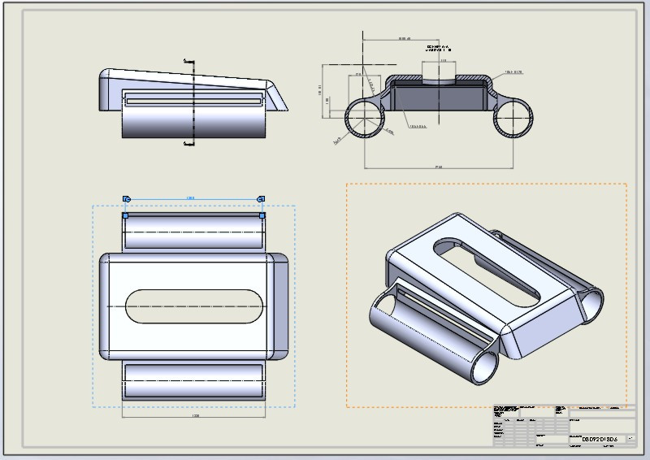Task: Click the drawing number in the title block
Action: coord(600,439)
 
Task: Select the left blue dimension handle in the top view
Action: coord(126,198)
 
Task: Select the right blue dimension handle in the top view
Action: coord(262,198)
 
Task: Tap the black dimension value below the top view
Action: coord(194,415)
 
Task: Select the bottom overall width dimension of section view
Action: coord(438,167)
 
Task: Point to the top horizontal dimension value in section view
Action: coord(404,39)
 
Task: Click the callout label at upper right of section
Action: coord(513,72)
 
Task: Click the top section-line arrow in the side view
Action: coord(189,60)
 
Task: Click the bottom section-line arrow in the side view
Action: coord(189,144)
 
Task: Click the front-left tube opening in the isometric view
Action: coord(388,316)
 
